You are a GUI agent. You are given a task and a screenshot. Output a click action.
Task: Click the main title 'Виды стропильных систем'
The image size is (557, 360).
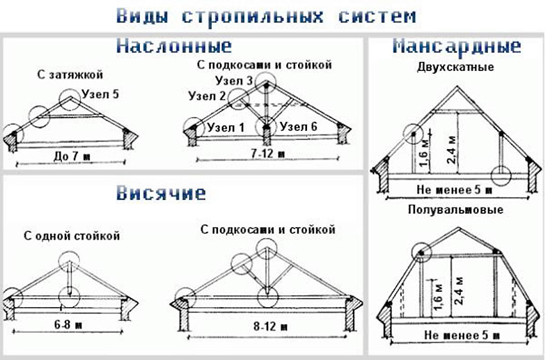[x=266, y=16]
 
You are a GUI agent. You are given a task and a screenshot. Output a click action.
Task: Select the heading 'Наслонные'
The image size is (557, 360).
[x=173, y=45]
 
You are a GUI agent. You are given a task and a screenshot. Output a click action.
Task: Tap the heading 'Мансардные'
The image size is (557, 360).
[x=457, y=46]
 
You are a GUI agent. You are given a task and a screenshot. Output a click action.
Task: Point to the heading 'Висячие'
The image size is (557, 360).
[x=161, y=193]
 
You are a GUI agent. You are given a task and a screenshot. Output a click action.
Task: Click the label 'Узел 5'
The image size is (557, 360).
[x=100, y=94]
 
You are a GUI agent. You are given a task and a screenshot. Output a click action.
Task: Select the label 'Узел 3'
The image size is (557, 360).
[x=234, y=81]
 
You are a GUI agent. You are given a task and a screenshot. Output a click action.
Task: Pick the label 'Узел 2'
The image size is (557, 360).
[x=207, y=96]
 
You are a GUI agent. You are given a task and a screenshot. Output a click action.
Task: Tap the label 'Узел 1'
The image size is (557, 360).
[x=226, y=127]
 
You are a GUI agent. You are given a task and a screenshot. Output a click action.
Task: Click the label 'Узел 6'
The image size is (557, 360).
[x=298, y=127]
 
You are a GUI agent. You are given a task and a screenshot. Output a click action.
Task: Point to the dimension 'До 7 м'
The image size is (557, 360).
[x=72, y=156]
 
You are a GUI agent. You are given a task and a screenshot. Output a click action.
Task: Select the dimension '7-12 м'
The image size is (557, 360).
[x=268, y=154]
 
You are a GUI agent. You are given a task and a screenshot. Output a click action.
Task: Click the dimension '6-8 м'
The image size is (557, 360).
[x=68, y=324]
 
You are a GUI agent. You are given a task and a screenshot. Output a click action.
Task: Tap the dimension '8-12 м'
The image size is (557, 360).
[x=270, y=327]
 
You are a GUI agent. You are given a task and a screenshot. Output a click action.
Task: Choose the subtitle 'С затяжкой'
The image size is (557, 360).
[x=70, y=75]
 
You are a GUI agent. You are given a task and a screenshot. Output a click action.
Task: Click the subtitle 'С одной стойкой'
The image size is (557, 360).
[x=72, y=236]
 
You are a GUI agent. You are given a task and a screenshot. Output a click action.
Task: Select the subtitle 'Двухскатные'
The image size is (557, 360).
[x=455, y=67]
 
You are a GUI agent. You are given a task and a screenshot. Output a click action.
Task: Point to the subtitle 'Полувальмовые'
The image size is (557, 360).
[x=455, y=210]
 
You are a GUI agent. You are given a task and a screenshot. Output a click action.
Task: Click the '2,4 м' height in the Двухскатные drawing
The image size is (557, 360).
[x=451, y=150]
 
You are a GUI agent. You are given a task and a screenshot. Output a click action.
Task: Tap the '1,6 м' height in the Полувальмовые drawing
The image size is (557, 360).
[x=438, y=297]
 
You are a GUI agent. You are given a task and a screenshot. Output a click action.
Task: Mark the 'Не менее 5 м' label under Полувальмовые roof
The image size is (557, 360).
[x=462, y=335]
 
